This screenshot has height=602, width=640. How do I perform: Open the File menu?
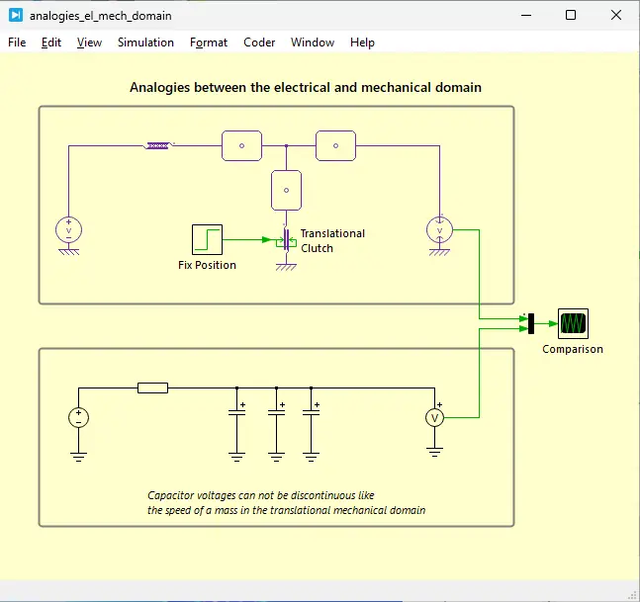(x=17, y=43)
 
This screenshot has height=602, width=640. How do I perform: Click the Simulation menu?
(x=145, y=43)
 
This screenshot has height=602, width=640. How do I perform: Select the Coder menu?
(x=259, y=43)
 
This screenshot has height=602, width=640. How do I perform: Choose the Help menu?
(x=362, y=43)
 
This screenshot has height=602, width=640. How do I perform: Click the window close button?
(x=616, y=15)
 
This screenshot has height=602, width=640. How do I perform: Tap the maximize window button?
(x=571, y=15)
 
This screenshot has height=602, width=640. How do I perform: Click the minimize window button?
(x=525, y=15)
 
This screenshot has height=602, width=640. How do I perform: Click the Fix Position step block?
(x=207, y=239)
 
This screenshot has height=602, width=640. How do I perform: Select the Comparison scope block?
(x=573, y=323)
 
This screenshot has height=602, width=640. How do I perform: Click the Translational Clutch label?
(x=332, y=240)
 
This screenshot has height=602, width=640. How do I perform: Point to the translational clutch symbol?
(x=285, y=240)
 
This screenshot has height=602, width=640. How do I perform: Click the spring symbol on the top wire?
(x=159, y=145)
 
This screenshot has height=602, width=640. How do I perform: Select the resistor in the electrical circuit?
(x=152, y=387)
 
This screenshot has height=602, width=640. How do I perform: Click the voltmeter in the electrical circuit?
(x=433, y=418)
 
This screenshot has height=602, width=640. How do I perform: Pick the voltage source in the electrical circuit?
(x=78, y=418)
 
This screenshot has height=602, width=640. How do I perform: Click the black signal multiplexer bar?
(x=531, y=323)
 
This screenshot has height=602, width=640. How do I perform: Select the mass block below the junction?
(x=286, y=187)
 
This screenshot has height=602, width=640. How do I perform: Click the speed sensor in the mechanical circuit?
(x=439, y=230)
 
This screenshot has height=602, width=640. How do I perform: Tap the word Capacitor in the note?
(x=173, y=495)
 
